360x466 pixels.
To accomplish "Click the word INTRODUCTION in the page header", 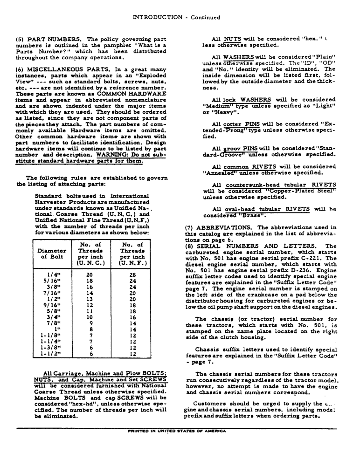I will click(158, 17).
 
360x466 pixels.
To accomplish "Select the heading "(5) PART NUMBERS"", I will click(50, 39).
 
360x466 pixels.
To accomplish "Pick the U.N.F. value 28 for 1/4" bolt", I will click(132, 275).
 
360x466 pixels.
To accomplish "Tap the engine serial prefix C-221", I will click(325, 258).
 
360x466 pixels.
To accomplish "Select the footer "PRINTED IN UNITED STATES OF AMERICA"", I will click(177, 431).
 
